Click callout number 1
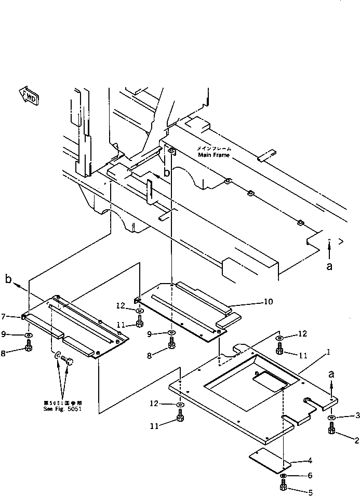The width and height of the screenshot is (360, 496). pos(329,352)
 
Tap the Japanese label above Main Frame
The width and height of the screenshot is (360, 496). pos(214,148)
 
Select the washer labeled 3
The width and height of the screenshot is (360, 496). pos(331,417)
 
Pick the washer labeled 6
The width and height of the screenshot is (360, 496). pos(284,476)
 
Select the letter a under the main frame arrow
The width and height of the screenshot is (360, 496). pos(329,266)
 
